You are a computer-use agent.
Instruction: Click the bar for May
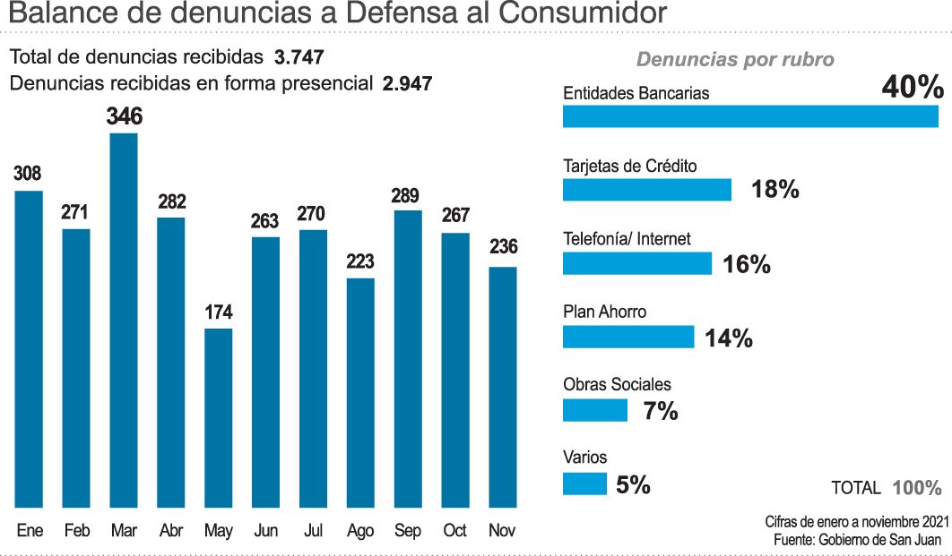[219, 417]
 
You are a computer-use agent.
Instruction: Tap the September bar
[408, 358]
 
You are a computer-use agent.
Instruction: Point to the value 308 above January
[28, 174]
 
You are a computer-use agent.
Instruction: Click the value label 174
[219, 312]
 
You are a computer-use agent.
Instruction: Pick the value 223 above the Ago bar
[360, 261]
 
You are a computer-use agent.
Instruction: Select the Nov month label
[502, 531]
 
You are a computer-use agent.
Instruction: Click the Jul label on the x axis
[313, 531]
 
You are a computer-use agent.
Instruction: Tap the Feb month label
[76, 531]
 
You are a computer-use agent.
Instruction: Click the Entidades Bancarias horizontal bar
[749, 117]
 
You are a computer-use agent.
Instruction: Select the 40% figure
[913, 88]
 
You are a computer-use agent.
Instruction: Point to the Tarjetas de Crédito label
[629, 167]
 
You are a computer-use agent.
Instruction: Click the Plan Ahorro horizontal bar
[628, 337]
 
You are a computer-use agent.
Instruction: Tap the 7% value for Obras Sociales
[661, 412]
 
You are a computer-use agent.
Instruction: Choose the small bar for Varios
[584, 484]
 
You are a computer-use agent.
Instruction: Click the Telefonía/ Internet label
[627, 239]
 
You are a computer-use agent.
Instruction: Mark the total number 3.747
[299, 57]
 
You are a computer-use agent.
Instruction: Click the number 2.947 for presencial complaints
[407, 84]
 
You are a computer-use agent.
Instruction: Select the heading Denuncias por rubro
[735, 60]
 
